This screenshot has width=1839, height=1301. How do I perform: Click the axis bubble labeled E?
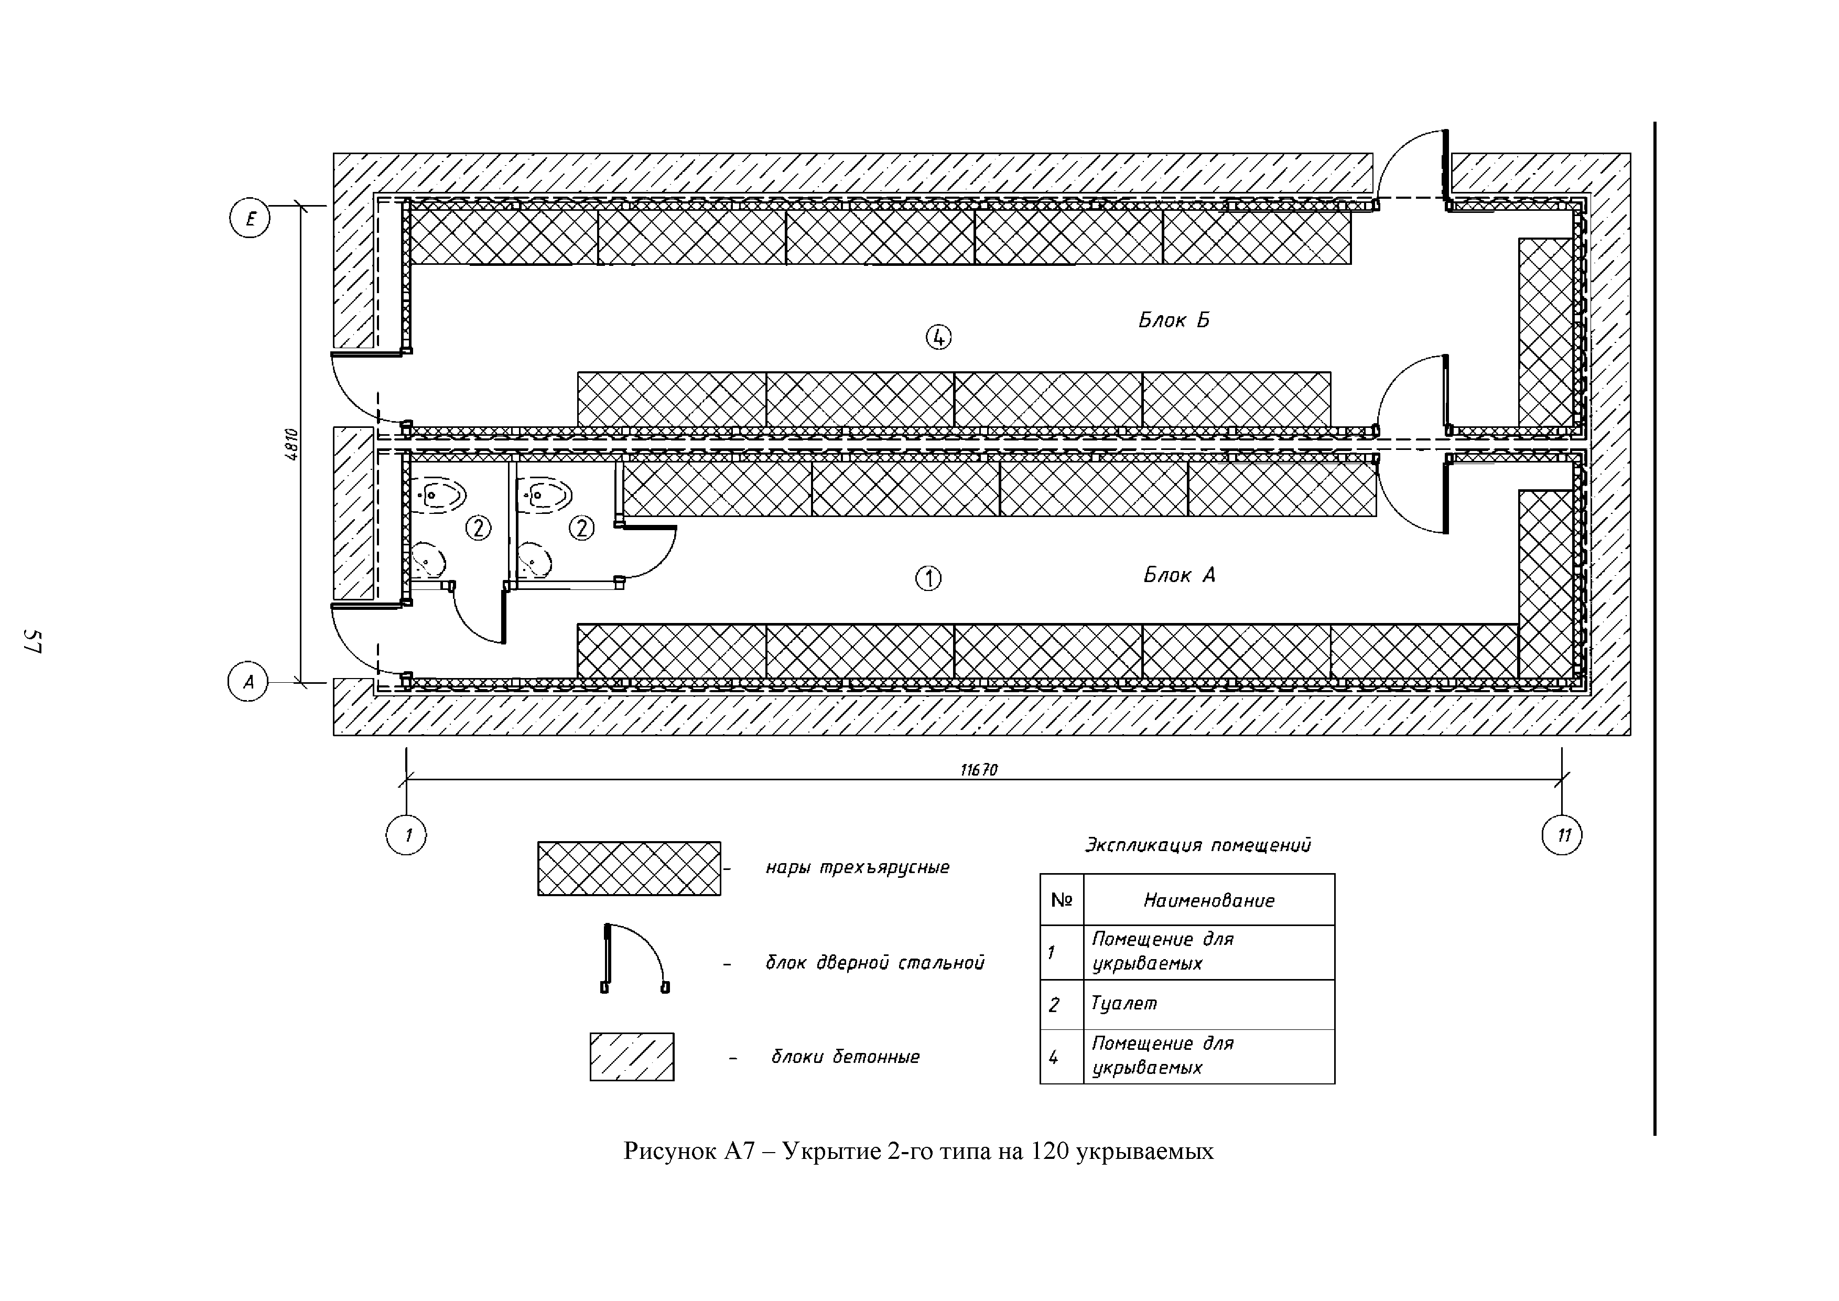tap(250, 219)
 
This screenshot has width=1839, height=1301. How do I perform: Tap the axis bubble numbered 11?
tap(1562, 835)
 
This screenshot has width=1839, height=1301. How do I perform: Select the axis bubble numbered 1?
tap(407, 835)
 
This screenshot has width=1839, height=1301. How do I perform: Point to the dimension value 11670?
tap(979, 770)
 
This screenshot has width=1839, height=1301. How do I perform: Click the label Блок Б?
tap(1173, 320)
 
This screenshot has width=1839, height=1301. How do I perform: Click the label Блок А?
tap(1179, 575)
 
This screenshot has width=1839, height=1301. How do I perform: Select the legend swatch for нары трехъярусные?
tap(629, 868)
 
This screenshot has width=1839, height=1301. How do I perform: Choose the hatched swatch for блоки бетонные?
tap(632, 1057)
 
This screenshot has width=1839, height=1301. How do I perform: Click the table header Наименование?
tap(1209, 900)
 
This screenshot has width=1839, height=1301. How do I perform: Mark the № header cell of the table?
tap(1061, 900)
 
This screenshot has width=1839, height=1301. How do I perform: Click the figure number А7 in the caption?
tap(739, 1151)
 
